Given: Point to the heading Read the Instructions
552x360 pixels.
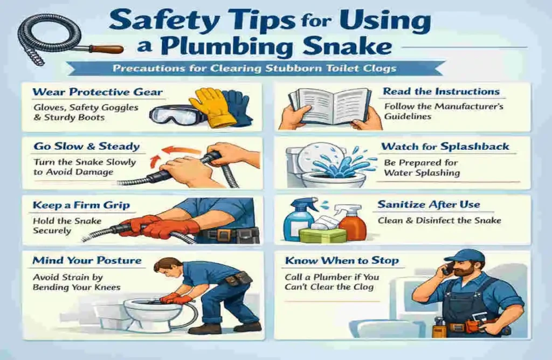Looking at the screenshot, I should (x=441, y=91).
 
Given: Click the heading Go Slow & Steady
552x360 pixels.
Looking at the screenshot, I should (x=86, y=146).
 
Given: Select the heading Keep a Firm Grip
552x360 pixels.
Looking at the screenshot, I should (x=82, y=205).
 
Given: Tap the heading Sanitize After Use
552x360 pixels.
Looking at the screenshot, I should (x=429, y=205).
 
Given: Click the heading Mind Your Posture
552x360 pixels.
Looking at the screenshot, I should (x=87, y=261).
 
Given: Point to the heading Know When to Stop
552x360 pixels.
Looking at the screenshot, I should (x=342, y=261).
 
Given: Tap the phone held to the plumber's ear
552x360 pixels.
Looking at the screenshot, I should (x=447, y=269).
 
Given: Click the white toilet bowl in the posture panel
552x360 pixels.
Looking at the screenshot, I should (x=146, y=313).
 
